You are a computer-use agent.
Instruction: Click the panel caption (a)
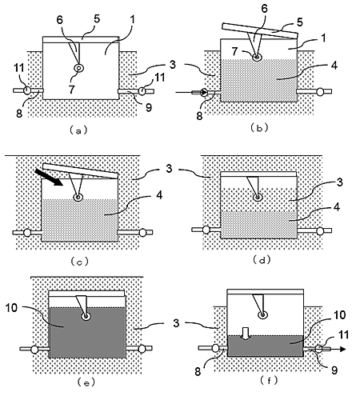[78, 130]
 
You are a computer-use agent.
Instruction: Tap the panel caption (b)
[259, 128]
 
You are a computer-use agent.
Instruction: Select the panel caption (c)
[79, 262]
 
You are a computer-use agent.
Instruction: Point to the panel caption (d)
[262, 259]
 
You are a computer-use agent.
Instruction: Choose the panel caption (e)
[86, 382]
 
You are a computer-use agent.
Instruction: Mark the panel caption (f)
[269, 380]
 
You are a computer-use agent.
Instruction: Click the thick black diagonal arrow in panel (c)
[48, 177]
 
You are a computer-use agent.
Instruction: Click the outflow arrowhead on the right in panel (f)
[342, 349]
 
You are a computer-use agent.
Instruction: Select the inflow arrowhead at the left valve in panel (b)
[205, 93]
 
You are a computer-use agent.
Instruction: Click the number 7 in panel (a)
[71, 90]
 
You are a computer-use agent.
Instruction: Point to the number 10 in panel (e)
[11, 308]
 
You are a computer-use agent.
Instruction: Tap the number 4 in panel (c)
[159, 195]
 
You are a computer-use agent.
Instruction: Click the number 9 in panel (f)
[334, 370]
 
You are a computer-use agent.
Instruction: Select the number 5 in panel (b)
[300, 22]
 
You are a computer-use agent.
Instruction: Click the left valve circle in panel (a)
[27, 90]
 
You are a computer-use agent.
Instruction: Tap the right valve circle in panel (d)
[320, 230]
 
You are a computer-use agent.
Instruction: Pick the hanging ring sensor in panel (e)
[86, 317]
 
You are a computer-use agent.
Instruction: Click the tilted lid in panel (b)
[260, 31]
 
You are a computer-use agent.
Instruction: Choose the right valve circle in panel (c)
[143, 233]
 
